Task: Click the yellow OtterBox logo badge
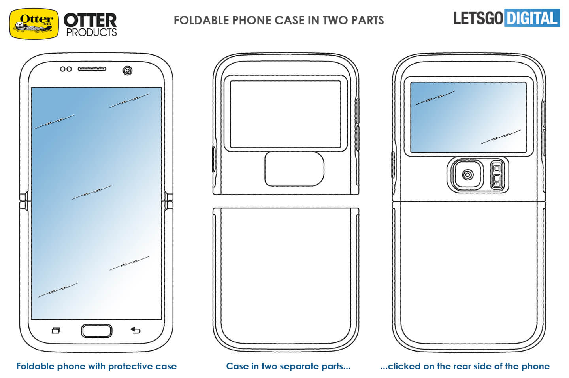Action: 34,24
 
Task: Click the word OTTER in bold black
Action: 90,21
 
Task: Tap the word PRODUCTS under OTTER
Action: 91,32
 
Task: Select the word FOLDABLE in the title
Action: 201,20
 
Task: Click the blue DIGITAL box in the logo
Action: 532,18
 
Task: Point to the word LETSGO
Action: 478,18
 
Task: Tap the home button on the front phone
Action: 96,331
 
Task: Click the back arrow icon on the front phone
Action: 135,330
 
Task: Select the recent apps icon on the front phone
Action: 56,331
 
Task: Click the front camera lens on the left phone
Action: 128,70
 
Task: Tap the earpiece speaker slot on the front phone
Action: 92,69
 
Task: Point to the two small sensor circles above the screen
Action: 66,69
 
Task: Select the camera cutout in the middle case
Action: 294,169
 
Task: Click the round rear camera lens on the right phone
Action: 468,174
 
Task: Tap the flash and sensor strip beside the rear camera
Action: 497,174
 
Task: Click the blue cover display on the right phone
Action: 468,117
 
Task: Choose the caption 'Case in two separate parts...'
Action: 288,366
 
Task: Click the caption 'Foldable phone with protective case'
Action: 96,366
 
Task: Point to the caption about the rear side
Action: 465,366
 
